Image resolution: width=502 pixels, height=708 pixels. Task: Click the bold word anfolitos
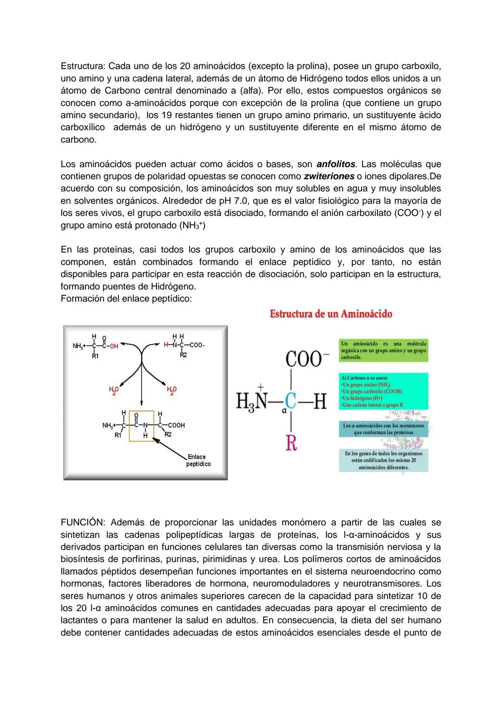pyautogui.click(x=336, y=164)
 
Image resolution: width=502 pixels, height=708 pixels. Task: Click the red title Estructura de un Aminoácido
pyautogui.click(x=331, y=314)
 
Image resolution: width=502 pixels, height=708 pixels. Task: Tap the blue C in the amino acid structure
pyautogui.click(x=290, y=402)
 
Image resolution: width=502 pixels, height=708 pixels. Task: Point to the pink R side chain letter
pyautogui.click(x=291, y=443)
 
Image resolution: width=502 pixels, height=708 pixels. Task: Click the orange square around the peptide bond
pyautogui.click(x=142, y=426)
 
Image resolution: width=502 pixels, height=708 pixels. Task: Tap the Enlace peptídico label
pyautogui.click(x=198, y=460)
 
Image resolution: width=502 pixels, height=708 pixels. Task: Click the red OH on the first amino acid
pyautogui.click(x=113, y=346)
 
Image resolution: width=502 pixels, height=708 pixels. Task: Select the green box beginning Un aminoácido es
pyautogui.click(x=383, y=351)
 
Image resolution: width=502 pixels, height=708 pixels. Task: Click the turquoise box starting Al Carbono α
pyautogui.click(x=383, y=391)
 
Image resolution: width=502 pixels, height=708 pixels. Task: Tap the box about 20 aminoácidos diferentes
pyautogui.click(x=383, y=460)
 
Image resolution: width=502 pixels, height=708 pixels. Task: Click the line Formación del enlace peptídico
pyautogui.click(x=126, y=299)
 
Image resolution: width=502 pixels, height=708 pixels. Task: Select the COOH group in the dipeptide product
pyautogui.click(x=177, y=425)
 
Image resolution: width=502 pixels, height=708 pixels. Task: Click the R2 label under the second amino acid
pyautogui.click(x=183, y=355)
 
